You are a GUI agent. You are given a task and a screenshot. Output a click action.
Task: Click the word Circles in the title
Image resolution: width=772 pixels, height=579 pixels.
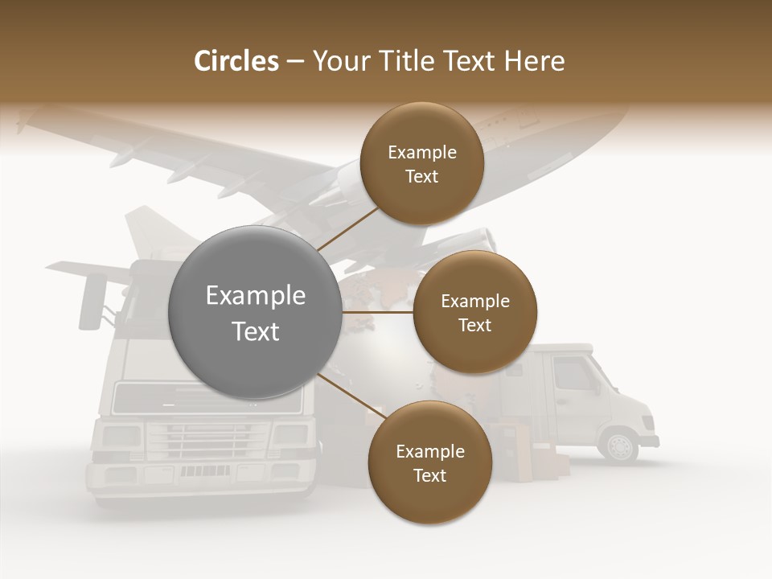[236, 61]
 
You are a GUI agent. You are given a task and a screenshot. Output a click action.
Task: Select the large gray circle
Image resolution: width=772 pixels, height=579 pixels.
[256, 312]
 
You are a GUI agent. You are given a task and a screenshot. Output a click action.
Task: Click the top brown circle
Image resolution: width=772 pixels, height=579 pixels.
[421, 163]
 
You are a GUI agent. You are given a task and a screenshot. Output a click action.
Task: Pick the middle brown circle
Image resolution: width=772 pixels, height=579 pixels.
[474, 312]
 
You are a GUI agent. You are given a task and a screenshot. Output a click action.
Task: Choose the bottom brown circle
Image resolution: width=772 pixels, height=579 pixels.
[429, 462]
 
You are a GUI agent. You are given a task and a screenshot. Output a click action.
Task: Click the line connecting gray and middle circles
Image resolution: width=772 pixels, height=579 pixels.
[378, 312]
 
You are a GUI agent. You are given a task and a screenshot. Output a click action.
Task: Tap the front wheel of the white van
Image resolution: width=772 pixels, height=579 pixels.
[620, 446]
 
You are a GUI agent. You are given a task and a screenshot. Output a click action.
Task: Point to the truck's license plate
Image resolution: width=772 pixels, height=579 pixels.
[199, 471]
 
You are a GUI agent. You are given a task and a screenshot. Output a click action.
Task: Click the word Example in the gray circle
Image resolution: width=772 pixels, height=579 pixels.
[256, 296]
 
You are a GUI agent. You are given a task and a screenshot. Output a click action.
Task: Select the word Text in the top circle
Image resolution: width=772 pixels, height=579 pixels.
[421, 176]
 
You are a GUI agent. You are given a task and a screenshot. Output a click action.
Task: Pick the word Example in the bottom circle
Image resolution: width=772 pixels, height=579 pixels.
[429, 451]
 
